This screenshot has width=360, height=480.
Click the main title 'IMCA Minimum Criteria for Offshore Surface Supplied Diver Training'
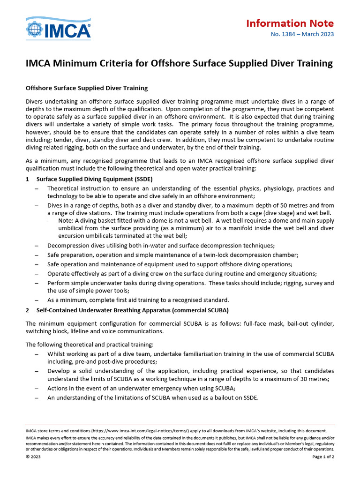pyautogui.click(x=179, y=63)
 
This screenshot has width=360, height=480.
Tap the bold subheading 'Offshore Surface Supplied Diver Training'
pyautogui.click(x=87, y=88)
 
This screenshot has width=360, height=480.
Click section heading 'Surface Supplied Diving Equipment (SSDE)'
pyautogui.click(x=94, y=179)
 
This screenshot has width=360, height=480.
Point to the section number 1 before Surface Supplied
pyautogui.click(x=28, y=179)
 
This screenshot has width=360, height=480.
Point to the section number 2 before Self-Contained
pyautogui.click(x=28, y=310)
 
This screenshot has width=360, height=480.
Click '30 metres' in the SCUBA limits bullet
pyautogui.click(x=314, y=379)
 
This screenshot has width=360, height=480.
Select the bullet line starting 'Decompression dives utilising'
pyautogui.click(x=161, y=245)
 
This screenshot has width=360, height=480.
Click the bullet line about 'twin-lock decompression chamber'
pyautogui.click(x=172, y=255)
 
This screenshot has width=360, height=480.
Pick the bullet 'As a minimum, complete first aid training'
pyautogui.click(x=138, y=300)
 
